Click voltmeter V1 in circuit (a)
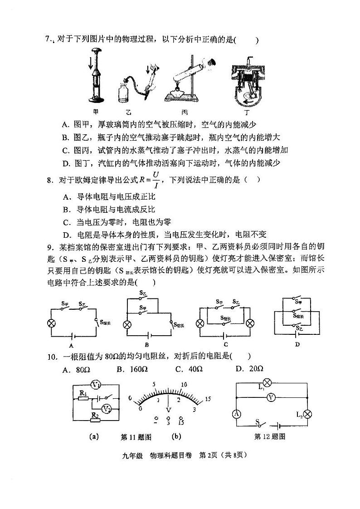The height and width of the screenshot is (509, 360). (x=96, y=385)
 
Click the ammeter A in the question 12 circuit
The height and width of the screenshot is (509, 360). (x=236, y=414)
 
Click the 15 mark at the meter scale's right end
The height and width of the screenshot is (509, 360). (x=208, y=399)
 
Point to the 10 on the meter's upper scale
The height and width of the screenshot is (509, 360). (x=184, y=385)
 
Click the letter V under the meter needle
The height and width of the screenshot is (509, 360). (x=169, y=410)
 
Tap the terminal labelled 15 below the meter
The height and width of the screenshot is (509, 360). (x=181, y=423)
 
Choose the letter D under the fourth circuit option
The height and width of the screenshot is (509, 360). (x=297, y=344)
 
